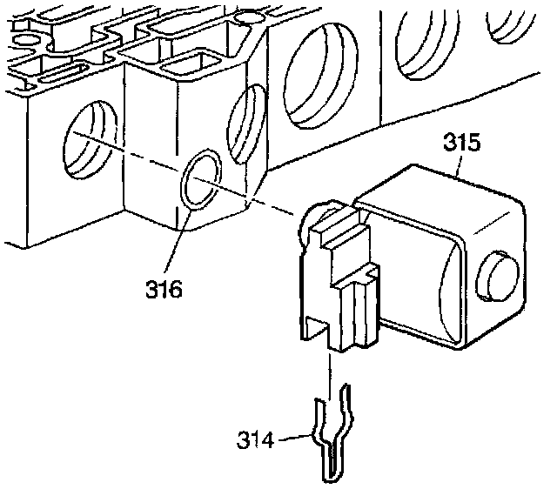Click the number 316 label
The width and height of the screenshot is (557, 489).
click(164, 289)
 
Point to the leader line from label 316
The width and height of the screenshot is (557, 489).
click(178, 244)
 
